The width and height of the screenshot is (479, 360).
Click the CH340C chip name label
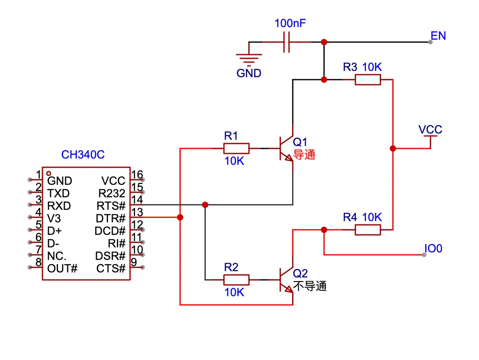point(83,155)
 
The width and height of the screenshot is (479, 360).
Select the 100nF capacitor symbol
point(287,42)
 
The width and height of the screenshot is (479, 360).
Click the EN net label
point(438,36)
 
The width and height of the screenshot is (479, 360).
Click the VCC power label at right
point(430,130)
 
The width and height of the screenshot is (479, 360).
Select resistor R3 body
point(368,80)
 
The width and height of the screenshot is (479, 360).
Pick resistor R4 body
point(368,230)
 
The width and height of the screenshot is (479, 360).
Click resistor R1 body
point(236,149)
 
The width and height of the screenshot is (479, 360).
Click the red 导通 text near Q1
point(305,155)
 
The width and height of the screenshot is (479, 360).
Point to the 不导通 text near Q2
point(310,286)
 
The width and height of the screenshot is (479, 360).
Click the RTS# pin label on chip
point(111,206)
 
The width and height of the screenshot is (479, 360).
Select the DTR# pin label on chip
point(111,218)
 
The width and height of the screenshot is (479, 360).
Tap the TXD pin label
point(58,194)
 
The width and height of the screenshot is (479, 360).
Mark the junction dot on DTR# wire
point(180,217)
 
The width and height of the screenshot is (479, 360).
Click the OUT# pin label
point(62,268)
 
